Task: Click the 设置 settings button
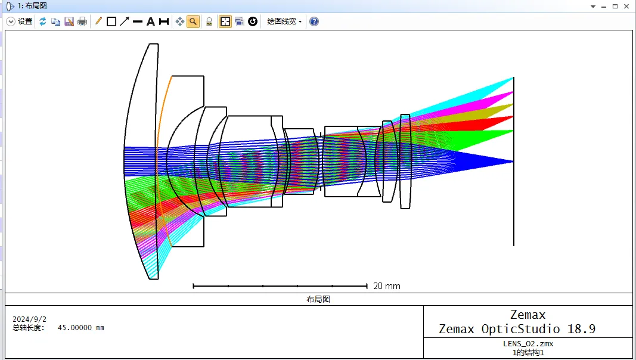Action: [20, 21]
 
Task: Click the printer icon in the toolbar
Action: [82, 21]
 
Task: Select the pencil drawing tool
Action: [98, 21]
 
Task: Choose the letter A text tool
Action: [150, 21]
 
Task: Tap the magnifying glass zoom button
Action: [193, 21]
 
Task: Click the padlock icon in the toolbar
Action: [209, 21]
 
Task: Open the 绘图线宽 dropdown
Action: [284, 21]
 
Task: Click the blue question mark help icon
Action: [314, 21]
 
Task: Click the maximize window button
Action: [615, 6]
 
